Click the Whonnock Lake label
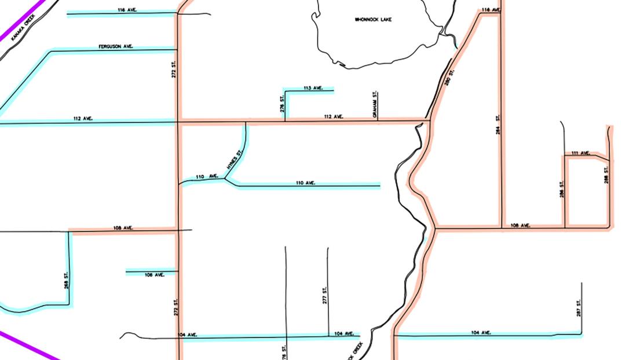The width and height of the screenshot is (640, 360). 373,20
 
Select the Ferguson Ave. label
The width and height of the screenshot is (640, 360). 116,46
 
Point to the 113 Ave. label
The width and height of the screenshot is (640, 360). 313,88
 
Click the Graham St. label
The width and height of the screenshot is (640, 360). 375,105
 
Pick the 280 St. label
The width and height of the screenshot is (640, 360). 448,78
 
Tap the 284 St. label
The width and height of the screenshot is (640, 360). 498,126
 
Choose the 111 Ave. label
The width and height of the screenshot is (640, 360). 580,153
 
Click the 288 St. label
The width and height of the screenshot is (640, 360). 606,175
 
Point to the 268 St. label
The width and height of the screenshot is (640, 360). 66,282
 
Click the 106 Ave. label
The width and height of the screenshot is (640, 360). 155,274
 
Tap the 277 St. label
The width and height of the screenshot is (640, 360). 325,295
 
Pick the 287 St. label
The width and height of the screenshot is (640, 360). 579,308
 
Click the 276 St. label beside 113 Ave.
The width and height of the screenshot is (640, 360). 282,104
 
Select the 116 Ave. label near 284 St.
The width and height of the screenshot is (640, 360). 490,10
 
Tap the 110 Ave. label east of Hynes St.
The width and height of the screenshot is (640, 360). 305,183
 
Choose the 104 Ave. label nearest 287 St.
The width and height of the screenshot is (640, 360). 481,332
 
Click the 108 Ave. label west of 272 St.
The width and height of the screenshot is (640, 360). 124,228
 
